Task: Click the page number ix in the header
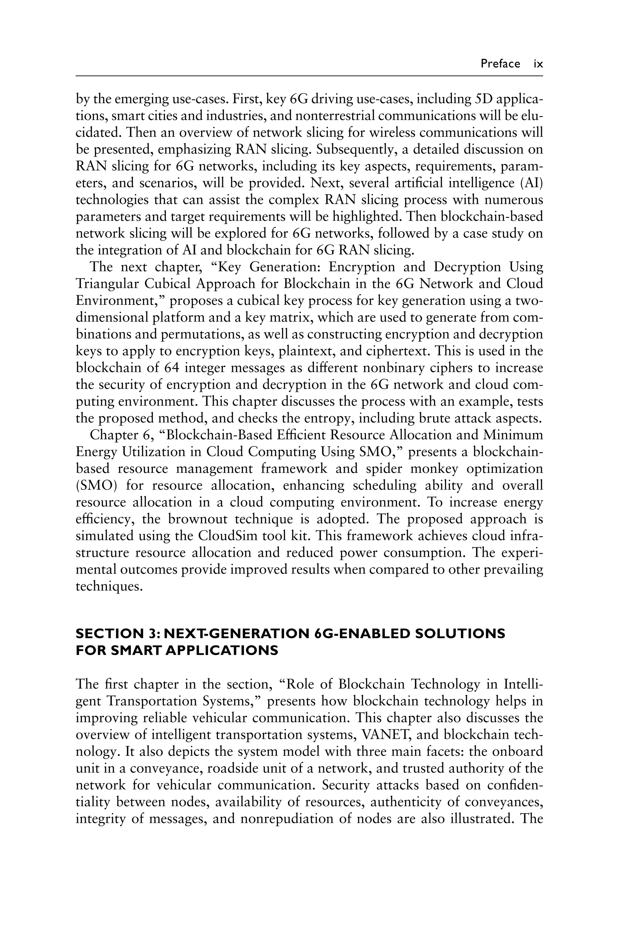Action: click(538, 64)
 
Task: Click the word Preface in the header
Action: click(500, 64)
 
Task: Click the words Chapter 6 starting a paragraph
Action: click(120, 435)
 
